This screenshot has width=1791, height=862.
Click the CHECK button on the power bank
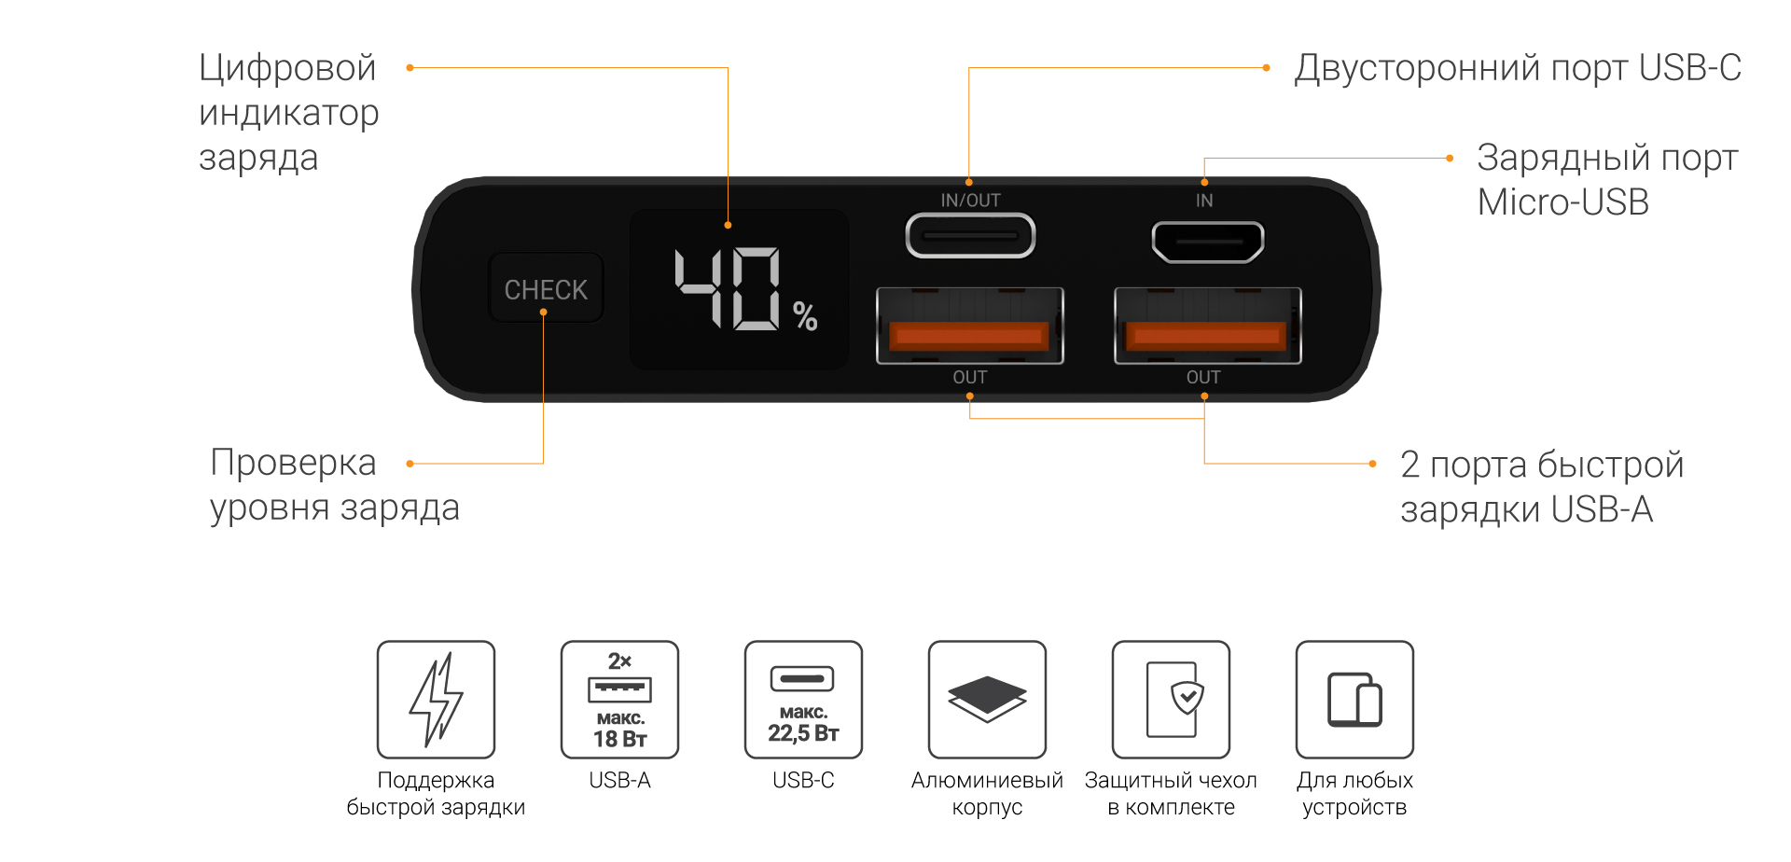(546, 289)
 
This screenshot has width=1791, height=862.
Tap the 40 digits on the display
(729, 288)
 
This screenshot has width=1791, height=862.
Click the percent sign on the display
(805, 316)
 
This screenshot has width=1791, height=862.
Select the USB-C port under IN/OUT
(970, 236)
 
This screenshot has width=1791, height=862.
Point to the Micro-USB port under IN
(1207, 242)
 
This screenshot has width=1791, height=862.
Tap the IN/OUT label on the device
(970, 201)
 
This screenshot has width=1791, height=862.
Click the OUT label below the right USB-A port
(1203, 377)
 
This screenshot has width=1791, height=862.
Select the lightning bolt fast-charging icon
(436, 699)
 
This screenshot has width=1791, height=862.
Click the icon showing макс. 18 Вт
(619, 699)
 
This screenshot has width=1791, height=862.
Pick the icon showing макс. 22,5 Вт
(803, 699)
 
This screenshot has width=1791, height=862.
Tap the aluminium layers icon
(987, 699)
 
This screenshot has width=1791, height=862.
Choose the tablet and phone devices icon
(1354, 699)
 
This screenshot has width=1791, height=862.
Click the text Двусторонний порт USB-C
(1517, 68)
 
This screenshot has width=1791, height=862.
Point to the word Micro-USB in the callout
(1562, 202)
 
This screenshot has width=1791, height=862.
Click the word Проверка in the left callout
(293, 463)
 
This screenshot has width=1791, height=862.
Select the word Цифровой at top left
(287, 68)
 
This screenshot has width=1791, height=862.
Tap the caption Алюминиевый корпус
(987, 793)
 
